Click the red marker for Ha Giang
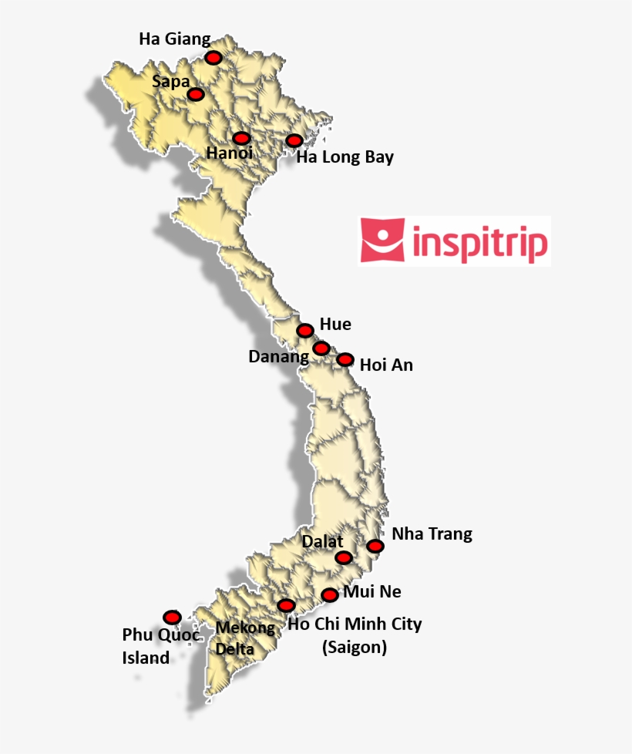(213, 58)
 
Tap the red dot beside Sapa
(196, 94)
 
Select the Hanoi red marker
(241, 138)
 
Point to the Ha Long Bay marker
(294, 140)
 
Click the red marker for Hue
(305, 330)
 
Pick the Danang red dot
(321, 348)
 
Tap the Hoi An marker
(345, 359)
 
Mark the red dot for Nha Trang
(375, 546)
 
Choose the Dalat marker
(344, 557)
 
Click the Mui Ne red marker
(330, 594)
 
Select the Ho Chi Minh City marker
(286, 605)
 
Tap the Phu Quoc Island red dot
(172, 617)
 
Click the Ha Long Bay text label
(345, 158)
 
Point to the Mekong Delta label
(244, 638)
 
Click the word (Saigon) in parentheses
(354, 648)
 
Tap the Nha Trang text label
(432, 534)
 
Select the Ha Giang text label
(174, 39)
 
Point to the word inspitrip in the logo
(481, 242)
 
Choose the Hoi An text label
(386, 365)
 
